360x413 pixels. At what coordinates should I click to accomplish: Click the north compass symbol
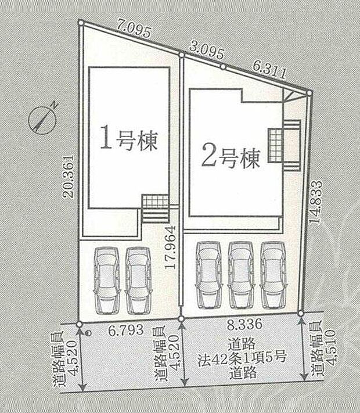point(42,121)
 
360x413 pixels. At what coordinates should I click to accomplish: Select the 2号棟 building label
point(231,158)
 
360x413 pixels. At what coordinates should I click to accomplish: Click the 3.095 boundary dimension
point(207,51)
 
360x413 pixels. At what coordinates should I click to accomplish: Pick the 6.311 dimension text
point(269,69)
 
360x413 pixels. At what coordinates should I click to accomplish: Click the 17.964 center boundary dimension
point(171,247)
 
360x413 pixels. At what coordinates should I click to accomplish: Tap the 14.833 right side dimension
point(316,202)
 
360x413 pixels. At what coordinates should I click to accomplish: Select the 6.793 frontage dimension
point(127,330)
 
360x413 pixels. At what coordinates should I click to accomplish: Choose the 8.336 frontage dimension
point(244,324)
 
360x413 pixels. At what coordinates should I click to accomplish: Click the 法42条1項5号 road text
point(242,358)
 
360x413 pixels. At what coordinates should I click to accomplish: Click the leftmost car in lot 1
point(107,280)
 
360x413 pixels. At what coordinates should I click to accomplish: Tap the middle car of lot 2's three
point(240,275)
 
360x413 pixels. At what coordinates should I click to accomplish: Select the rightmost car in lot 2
point(273,275)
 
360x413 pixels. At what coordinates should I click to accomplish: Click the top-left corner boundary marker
point(81,23)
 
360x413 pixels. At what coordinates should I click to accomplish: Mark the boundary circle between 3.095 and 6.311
point(223,67)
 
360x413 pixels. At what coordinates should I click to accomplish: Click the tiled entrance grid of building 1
point(156,201)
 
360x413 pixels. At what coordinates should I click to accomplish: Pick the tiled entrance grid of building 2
point(275,146)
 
